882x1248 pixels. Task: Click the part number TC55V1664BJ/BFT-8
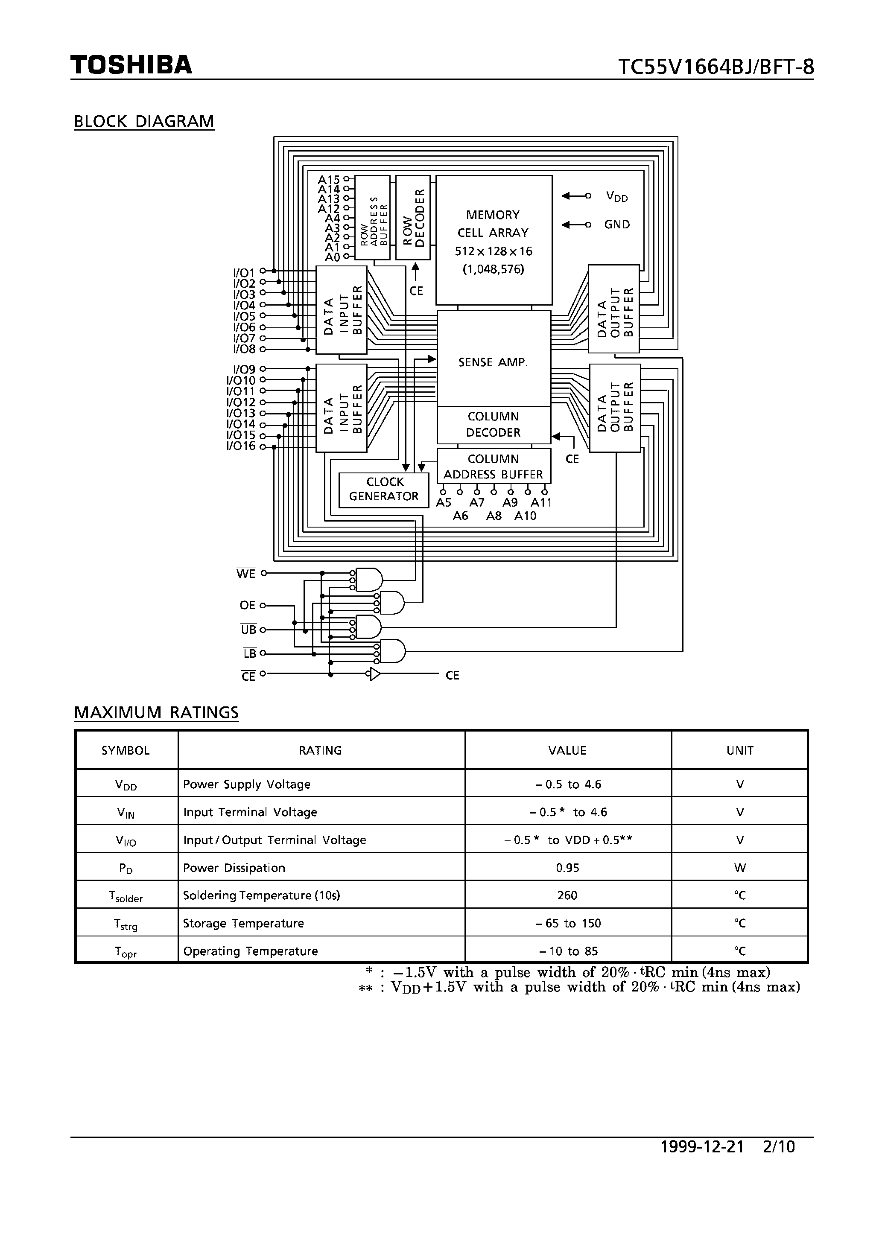click(x=716, y=67)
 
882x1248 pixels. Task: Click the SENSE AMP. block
click(x=493, y=362)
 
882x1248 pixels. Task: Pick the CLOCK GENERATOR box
click(x=384, y=489)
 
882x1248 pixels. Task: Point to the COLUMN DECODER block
click(x=493, y=425)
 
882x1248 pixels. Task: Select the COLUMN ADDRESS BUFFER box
click(x=493, y=467)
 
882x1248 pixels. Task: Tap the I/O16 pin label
click(x=241, y=446)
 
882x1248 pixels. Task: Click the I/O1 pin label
click(x=244, y=272)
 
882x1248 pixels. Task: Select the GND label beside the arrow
click(x=616, y=225)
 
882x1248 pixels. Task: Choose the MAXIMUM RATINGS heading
click(x=156, y=712)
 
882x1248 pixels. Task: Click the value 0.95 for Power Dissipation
click(x=567, y=868)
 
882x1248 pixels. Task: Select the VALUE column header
click(x=567, y=751)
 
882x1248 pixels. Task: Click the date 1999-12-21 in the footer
click(x=701, y=1162)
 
